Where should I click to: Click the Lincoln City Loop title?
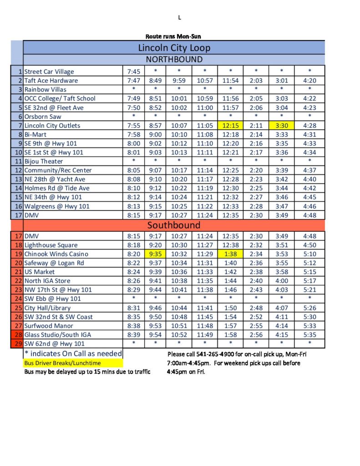[x=174, y=48]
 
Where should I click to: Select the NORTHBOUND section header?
[x=174, y=60]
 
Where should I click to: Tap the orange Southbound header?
[x=173, y=225]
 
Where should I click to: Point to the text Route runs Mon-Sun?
[x=173, y=36]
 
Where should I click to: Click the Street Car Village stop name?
[x=49, y=71]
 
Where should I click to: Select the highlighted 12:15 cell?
[x=230, y=126]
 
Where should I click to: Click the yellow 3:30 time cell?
[x=281, y=126]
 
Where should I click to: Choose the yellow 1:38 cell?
[x=230, y=254]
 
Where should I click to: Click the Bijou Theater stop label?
[x=44, y=161]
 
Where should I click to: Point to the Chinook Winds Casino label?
[x=56, y=254]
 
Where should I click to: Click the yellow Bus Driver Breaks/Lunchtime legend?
[x=63, y=363]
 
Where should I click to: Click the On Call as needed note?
[x=73, y=354]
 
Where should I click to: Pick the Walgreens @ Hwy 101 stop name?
[x=57, y=206]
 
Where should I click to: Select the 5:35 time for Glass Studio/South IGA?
[x=309, y=335]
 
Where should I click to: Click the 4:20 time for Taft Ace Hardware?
[x=309, y=81]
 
